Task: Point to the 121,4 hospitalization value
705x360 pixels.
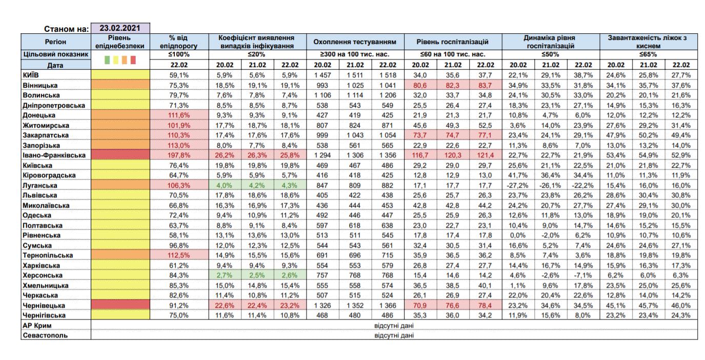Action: pyautogui.click(x=485, y=155)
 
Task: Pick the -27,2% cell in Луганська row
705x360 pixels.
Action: pyautogui.click(x=518, y=185)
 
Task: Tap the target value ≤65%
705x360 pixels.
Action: pyautogui.click(x=648, y=54)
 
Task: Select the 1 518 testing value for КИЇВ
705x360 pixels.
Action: pyautogui.click(x=387, y=75)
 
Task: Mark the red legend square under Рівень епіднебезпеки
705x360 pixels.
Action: pyautogui.click(x=133, y=61)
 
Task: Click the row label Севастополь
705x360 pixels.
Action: pyautogui.click(x=45, y=335)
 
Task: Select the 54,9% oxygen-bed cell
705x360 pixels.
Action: pyautogui.click(x=648, y=155)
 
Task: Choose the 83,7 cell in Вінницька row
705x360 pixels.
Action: pyautogui.click(x=485, y=85)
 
